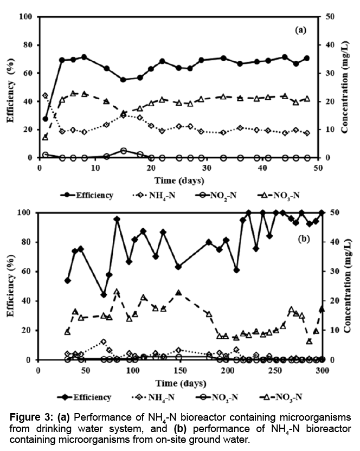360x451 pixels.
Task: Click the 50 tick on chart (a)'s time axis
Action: click(x=318, y=167)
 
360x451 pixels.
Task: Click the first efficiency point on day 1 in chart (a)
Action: click(x=45, y=119)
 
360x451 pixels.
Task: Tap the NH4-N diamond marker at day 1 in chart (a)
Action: click(x=45, y=95)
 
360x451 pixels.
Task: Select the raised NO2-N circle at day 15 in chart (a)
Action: click(x=124, y=151)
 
